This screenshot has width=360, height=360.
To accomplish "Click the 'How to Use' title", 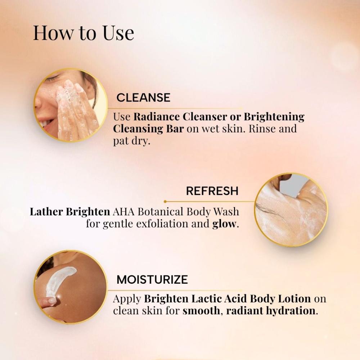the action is coord(84,33).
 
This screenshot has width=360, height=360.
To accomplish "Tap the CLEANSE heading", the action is coord(143,98).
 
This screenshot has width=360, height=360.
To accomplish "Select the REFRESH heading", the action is coord(212,191).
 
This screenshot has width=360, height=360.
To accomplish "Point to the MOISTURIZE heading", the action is coord(152,279).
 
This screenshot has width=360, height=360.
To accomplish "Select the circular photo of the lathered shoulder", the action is coord(291,210).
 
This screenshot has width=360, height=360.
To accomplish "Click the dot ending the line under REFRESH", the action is coord(165,202).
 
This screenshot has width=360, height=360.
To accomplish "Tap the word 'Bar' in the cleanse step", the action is coord(175,129).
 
